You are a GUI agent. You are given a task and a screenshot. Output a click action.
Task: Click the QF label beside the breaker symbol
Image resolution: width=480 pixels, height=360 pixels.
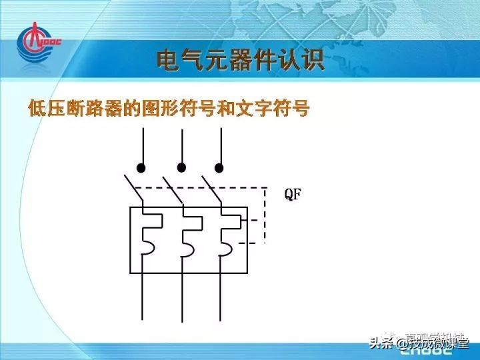coord(293,195)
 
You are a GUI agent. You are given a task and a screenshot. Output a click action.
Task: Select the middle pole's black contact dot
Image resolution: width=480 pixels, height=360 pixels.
coord(181,167)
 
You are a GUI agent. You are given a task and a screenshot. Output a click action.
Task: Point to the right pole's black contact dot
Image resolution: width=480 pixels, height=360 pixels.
coord(219,167)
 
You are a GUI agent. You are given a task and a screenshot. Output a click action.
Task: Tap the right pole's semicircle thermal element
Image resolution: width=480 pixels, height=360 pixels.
coord(227,248)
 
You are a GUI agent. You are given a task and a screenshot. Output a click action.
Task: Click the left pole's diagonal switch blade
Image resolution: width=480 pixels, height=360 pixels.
coord(133,189)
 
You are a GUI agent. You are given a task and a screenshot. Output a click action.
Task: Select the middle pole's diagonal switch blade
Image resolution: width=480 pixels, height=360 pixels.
coord(172,189)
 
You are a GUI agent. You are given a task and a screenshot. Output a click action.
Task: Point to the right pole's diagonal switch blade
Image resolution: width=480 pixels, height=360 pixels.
coord(211,189)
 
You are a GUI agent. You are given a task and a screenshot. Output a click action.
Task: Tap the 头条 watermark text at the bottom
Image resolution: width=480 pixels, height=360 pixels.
coord(382,344)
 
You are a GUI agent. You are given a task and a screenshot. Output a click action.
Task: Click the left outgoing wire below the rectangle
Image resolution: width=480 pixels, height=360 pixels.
coord(142,297)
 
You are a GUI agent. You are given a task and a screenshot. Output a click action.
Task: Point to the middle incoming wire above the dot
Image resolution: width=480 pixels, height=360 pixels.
coord(181,143)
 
